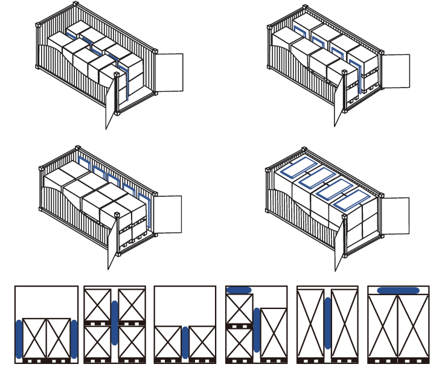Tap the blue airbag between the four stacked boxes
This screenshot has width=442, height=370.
[114, 323]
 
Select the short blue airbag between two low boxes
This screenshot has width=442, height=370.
[185, 342]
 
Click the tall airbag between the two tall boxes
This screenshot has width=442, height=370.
[327, 323]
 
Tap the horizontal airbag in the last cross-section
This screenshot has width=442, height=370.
[399, 290]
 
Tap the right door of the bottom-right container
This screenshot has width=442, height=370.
[395, 214]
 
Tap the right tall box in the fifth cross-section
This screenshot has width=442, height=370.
[345, 324]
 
